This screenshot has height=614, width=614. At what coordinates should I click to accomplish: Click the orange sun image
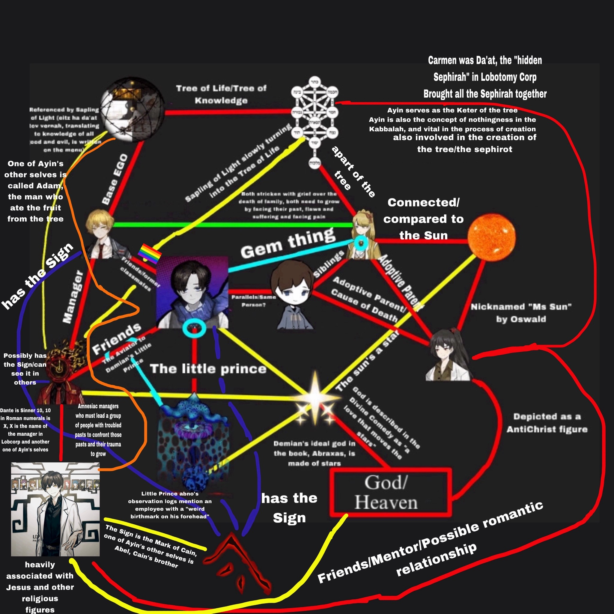[x=491, y=237]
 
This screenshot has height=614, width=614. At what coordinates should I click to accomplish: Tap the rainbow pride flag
[x=150, y=253]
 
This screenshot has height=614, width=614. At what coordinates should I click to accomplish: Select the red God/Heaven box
[x=391, y=491]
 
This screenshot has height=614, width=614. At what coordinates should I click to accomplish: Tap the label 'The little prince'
[x=208, y=369]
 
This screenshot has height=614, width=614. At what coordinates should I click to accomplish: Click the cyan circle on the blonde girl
[x=361, y=243]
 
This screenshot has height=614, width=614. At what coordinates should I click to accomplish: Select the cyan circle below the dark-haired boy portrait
[x=194, y=328]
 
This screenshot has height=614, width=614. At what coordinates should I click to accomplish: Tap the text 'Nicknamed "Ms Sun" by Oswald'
[x=521, y=313]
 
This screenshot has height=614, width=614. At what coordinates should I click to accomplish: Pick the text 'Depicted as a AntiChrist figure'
[x=547, y=423]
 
